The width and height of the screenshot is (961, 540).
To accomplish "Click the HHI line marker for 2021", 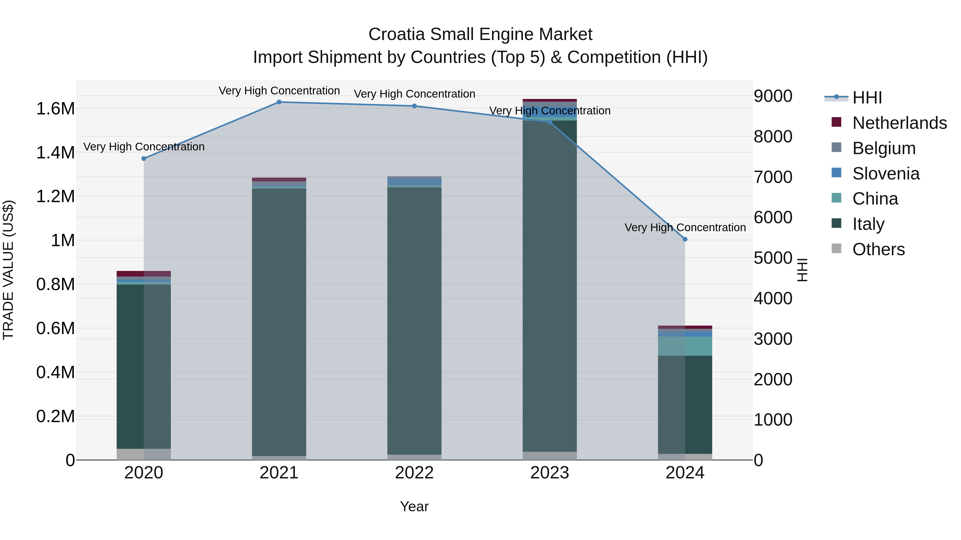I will pyautogui.click(x=279, y=102).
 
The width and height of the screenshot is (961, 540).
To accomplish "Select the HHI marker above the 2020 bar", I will pyautogui.click(x=144, y=159).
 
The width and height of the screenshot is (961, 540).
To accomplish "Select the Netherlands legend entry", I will pyautogui.click(x=899, y=123).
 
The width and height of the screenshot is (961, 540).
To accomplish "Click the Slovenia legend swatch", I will pyautogui.click(x=836, y=173).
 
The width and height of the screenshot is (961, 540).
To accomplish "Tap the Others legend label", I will pyautogui.click(x=878, y=249).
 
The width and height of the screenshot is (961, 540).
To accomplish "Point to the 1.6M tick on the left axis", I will pyautogui.click(x=55, y=109).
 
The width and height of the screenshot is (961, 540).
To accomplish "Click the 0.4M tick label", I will pyautogui.click(x=55, y=372).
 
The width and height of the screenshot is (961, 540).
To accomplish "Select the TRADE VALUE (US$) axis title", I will pyautogui.click(x=8, y=270).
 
